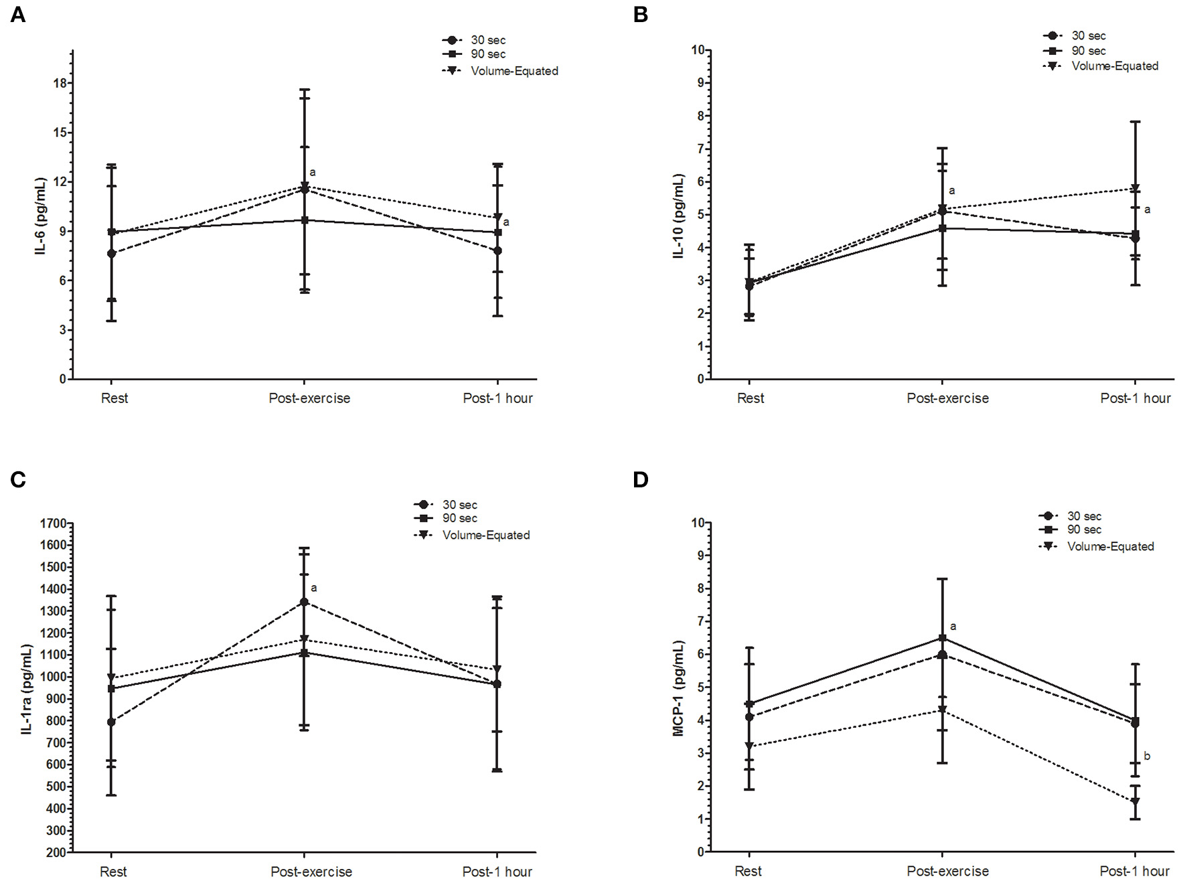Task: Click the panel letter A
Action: (18, 15)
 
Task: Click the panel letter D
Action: (641, 479)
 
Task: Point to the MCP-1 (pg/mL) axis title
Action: (679, 688)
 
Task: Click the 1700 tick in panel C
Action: (53, 524)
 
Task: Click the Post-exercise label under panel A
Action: (309, 398)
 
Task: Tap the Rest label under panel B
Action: (750, 398)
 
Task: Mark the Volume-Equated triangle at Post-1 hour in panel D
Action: (1135, 801)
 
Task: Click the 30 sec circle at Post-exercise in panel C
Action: (305, 602)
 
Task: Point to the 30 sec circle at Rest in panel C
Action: (111, 722)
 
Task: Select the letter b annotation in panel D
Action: (1147, 756)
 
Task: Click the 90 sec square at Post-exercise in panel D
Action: (942, 638)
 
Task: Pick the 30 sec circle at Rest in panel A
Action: (111, 254)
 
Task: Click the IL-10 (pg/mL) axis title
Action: (679, 216)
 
